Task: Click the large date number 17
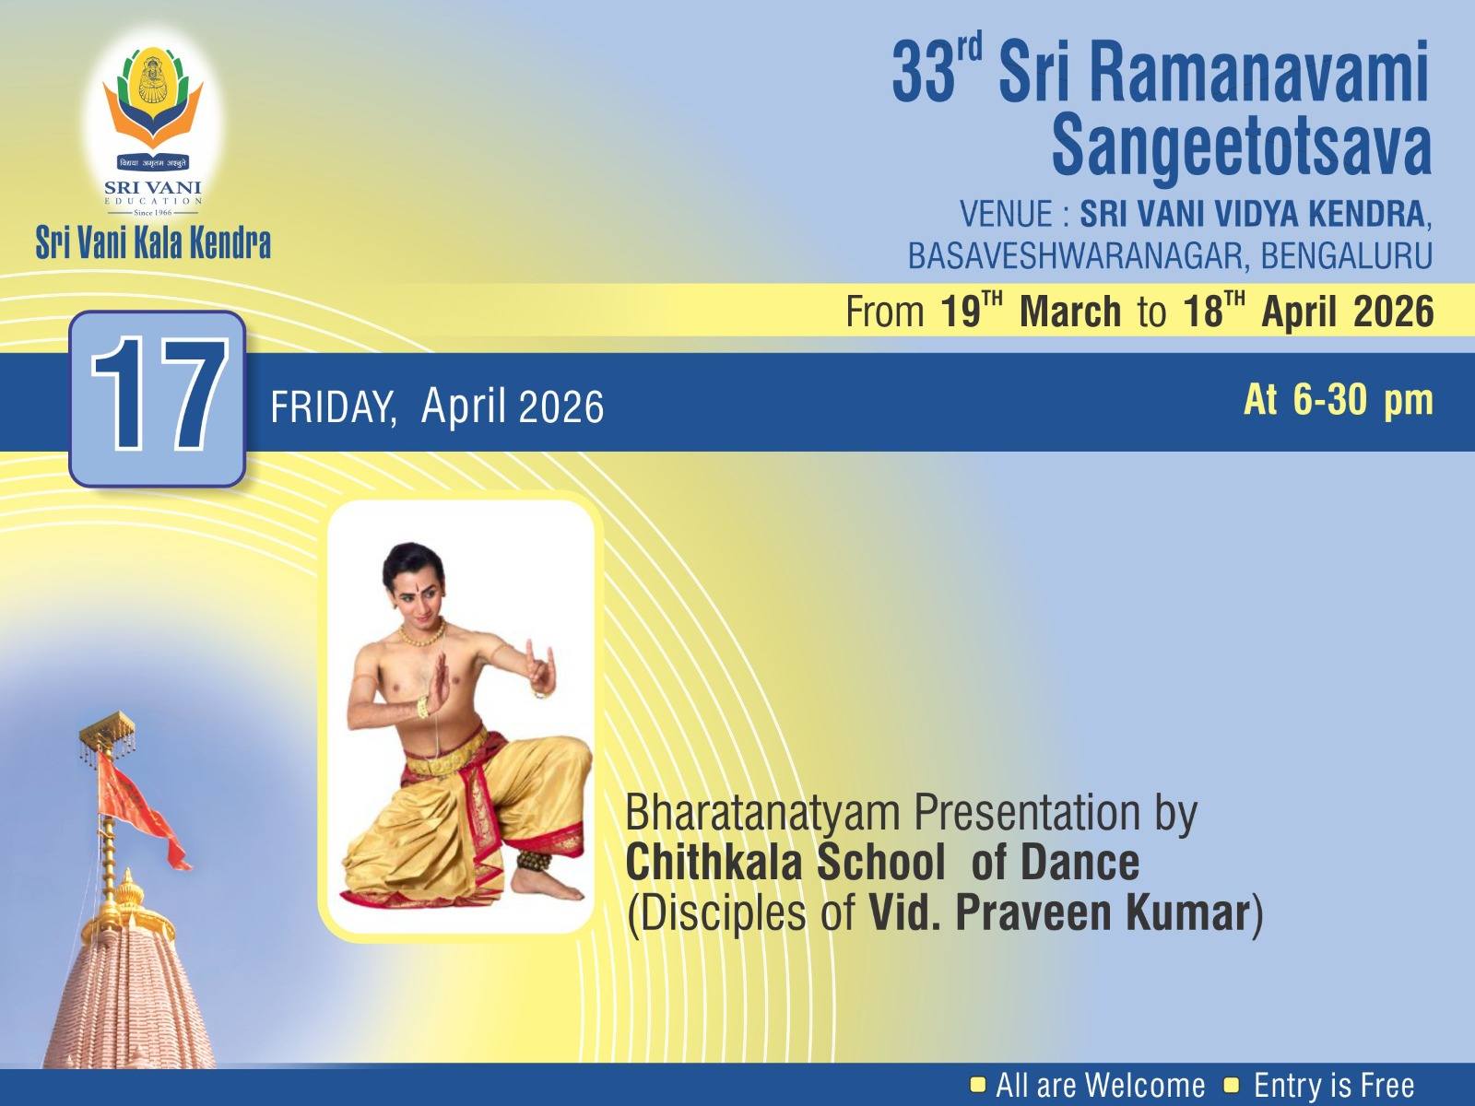pos(159,396)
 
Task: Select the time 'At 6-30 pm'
pos(1339,400)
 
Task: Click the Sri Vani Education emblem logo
pos(152,120)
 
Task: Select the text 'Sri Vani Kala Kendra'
pos(153,244)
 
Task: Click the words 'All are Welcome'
pos(1100,1086)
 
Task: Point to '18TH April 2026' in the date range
pos(1308,312)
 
